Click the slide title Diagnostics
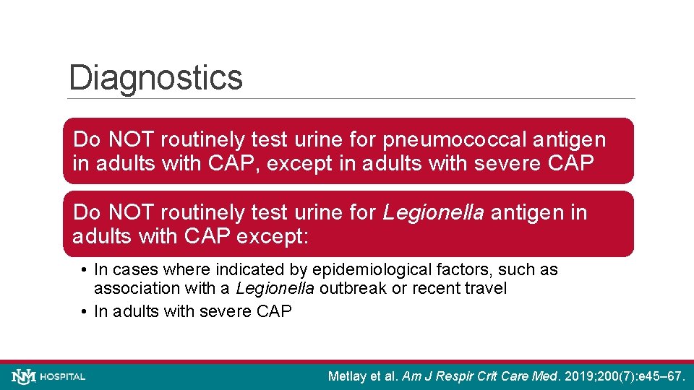tap(155, 78)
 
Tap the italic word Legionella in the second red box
tap(434, 213)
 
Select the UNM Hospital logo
tap(48, 376)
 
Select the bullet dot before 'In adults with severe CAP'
tap(85, 312)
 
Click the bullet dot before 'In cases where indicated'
tap(85, 270)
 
